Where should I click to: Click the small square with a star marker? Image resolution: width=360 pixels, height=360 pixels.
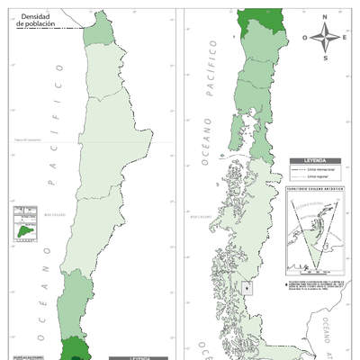pos(247,289)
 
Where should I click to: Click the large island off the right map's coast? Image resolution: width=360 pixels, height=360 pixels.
pos(232,145)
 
